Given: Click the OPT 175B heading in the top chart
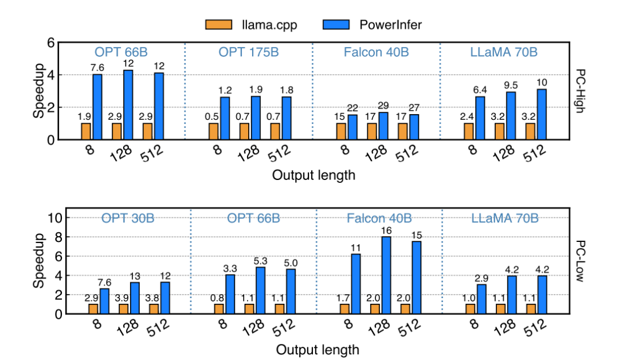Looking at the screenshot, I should pyautogui.click(x=248, y=52).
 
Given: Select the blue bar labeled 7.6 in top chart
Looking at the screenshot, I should pyautogui.click(x=97, y=107).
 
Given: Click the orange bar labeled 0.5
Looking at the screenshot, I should pyautogui.click(x=214, y=131).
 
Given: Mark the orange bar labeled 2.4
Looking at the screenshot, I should pyautogui.click(x=469, y=131).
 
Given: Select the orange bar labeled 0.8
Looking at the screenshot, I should pyautogui.click(x=218, y=308).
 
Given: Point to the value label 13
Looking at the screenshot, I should pyautogui.click(x=136, y=275).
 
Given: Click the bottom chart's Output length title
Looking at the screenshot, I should pyautogui.click(x=318, y=349).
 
